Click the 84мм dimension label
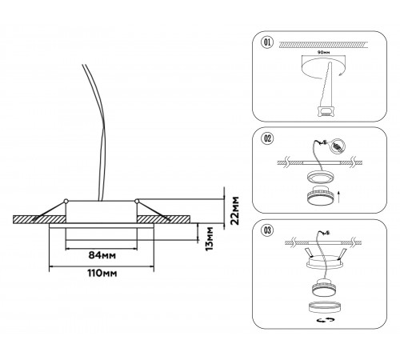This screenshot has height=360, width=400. [102, 255]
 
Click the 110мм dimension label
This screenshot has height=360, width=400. [102, 273]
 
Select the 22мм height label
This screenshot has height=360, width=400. [235, 210]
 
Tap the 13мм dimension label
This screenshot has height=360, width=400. [210, 238]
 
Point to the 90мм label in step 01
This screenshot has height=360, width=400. [324, 52]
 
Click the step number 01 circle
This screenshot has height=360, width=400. [267, 42]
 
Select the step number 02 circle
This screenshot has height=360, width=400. [267, 138]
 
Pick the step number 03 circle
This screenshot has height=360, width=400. [267, 230]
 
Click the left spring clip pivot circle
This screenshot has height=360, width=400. [66, 201]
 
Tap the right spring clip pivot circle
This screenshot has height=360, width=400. [137, 201]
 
